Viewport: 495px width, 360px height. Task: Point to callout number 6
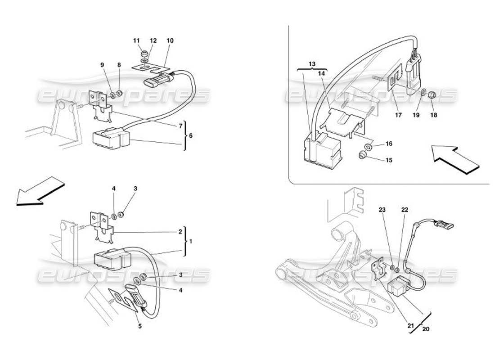(x=191, y=135)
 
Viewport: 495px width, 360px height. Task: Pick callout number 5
(x=140, y=326)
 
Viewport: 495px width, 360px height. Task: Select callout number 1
(x=191, y=241)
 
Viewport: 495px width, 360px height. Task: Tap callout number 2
(x=180, y=232)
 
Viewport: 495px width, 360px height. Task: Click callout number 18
(x=434, y=115)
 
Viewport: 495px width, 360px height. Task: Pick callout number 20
(x=426, y=328)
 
